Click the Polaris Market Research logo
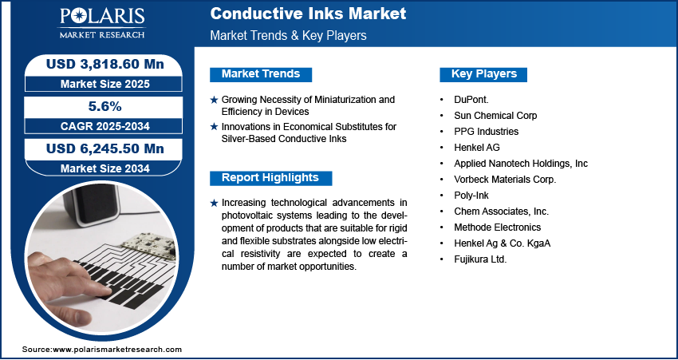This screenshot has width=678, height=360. point(102,23)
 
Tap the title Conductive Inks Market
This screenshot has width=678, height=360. point(308,14)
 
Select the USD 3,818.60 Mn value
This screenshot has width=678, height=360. point(104,64)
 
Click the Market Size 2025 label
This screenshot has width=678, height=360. point(104,84)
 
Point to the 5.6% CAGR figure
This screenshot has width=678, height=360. point(105,106)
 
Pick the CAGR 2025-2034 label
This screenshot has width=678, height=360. point(104,126)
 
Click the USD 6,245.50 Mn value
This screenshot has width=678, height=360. point(104,148)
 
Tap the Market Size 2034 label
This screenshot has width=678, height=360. point(104,168)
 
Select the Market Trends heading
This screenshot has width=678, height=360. point(261,74)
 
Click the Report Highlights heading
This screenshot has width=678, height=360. point(270,178)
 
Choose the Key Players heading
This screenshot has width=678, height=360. point(484,74)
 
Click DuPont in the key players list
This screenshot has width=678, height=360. point(471,100)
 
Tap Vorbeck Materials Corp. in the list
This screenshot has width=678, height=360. point(505,180)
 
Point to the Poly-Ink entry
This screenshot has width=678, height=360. point(471,196)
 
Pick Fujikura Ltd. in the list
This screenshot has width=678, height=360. point(480,259)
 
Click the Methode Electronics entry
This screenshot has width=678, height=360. point(497,227)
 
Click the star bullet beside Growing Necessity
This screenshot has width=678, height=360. point(214,100)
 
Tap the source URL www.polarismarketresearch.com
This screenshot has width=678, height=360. point(117,350)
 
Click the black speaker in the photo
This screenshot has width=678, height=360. point(92,204)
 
